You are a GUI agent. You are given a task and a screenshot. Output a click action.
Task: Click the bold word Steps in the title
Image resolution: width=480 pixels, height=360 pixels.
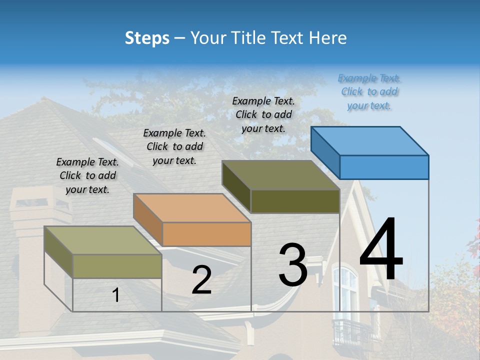[147, 38]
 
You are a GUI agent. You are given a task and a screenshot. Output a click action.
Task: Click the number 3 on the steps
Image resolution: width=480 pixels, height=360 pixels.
[293, 265]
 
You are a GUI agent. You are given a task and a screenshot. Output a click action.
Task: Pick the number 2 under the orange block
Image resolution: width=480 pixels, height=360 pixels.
[201, 280]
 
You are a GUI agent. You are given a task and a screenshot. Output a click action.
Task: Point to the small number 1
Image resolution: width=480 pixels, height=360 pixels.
[115, 295]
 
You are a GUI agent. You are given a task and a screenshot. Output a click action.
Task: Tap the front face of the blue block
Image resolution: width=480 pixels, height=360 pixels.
[384, 167]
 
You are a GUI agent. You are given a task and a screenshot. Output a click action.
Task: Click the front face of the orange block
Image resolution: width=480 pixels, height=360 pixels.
[206, 234]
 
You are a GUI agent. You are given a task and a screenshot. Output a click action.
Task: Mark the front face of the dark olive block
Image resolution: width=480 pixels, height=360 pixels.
[295, 201]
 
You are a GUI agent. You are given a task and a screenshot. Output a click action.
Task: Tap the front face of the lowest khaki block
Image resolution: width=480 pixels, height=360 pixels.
[117, 266]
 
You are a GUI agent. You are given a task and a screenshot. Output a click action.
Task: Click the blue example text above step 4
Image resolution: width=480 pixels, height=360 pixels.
[369, 92]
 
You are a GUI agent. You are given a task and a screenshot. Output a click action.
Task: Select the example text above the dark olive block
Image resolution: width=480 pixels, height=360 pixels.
[263, 114]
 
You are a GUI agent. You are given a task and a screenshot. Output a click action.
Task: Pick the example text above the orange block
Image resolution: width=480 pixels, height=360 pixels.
[174, 146]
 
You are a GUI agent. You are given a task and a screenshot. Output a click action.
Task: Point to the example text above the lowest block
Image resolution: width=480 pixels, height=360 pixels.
[87, 175]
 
